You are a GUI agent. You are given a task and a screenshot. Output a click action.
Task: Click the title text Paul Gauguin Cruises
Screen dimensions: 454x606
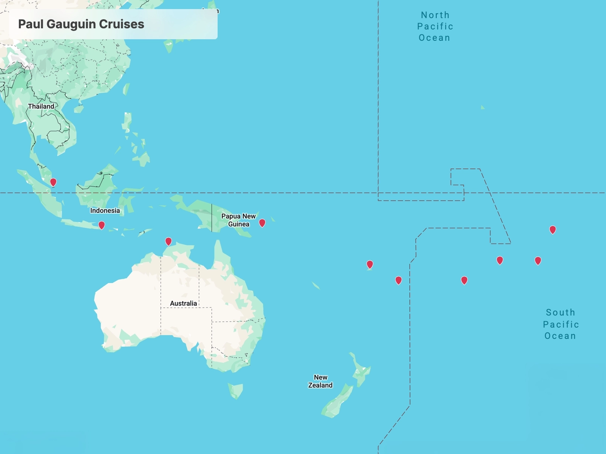pos(81,24)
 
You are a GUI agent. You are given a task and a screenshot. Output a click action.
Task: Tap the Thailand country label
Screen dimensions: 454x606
pos(41,106)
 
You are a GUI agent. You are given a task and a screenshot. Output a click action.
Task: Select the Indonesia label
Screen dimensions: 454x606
pos(105,211)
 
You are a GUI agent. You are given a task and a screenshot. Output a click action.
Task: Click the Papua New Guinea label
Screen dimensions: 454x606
pos(238,220)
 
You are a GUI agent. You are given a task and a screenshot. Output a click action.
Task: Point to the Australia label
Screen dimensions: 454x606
pos(183,303)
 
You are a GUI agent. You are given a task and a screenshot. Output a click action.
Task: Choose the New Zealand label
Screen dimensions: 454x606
pos(320,381)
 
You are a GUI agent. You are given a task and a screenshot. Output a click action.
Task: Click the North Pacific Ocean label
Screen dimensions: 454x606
pos(435,26)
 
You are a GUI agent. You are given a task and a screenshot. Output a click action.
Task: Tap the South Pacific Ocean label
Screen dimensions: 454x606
pos(561,324)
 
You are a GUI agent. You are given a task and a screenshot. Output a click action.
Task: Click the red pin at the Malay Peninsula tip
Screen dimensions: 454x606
pos(53,182)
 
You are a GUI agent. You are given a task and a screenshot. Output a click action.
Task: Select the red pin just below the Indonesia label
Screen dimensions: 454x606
pos(102,225)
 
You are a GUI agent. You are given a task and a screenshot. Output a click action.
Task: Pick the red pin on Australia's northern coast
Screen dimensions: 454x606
pos(169,241)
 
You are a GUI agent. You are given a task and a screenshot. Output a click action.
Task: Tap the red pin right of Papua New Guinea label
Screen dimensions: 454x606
pos(262,223)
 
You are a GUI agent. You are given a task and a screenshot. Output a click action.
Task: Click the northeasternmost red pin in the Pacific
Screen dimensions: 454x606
pos(553,229)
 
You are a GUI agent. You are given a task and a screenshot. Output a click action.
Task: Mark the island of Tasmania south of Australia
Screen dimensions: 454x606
pos(235,390)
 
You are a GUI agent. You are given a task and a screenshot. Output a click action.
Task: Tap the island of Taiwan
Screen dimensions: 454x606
pos(126,89)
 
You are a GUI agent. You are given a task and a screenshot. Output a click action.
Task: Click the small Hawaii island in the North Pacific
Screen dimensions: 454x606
pos(482,107)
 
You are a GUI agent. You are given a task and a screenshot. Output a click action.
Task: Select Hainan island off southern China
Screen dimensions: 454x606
pos(79,109)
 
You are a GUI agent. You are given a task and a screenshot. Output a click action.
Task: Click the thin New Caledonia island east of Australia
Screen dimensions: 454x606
pos(316,285)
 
